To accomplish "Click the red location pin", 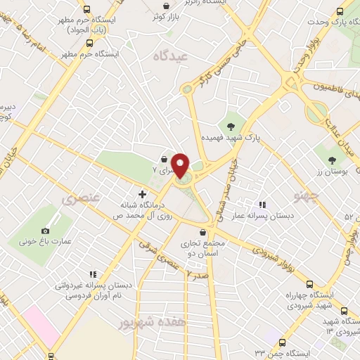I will click(180, 165).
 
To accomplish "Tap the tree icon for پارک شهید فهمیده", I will click(230, 127).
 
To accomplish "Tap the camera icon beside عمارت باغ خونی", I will click(46, 231).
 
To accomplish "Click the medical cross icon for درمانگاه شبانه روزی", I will click(142, 193).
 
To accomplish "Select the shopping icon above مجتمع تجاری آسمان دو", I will click(202, 232).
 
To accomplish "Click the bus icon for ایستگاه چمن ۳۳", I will click(282, 342).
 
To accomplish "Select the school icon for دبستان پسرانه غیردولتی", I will click(91, 275).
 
